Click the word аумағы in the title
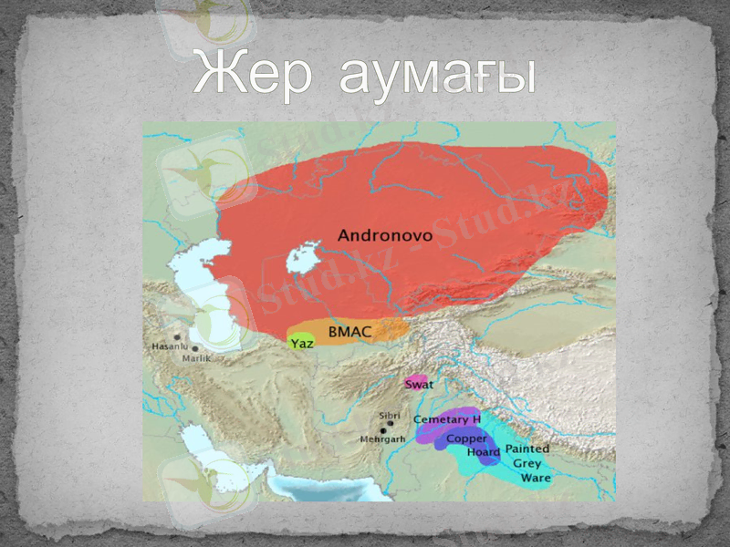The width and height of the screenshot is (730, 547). pyautogui.click(x=436, y=75)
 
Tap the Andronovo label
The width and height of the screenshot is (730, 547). pyautogui.click(x=385, y=235)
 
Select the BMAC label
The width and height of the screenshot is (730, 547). pyautogui.click(x=349, y=332)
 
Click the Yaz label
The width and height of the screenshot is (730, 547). pyautogui.click(x=302, y=344)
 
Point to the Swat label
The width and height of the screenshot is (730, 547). pyautogui.click(x=419, y=385)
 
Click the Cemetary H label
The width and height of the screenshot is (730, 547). pyautogui.click(x=447, y=419)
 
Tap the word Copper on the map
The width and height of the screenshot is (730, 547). pyautogui.click(x=466, y=439)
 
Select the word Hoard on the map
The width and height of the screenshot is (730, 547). pyautogui.click(x=483, y=452)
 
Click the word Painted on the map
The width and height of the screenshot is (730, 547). pyautogui.click(x=527, y=449)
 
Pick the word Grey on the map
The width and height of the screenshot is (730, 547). pyautogui.click(x=527, y=463)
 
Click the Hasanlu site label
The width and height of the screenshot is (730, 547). pyautogui.click(x=170, y=347)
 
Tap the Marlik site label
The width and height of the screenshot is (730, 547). pyautogui.click(x=196, y=359)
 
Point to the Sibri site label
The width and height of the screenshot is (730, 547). pyautogui.click(x=390, y=416)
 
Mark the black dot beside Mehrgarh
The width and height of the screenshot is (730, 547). pyautogui.click(x=383, y=430)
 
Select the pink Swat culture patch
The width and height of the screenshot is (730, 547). pyautogui.click(x=416, y=380)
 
